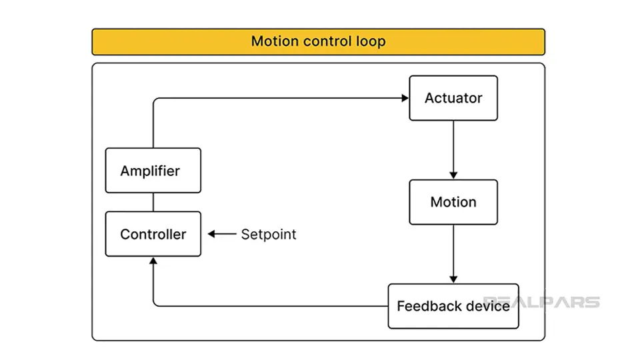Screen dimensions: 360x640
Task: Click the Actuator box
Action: [x=453, y=98]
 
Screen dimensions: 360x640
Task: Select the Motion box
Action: [x=453, y=202]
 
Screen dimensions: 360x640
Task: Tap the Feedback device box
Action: [x=453, y=306]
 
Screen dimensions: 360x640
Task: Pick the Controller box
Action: [x=153, y=234]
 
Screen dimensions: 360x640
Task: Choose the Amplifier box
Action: [x=153, y=171]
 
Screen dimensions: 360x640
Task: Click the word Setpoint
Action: [x=269, y=234]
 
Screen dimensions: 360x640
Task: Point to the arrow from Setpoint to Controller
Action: [x=222, y=234]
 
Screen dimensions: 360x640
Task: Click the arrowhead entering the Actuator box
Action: [x=405, y=98]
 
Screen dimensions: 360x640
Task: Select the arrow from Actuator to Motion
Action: [x=453, y=150]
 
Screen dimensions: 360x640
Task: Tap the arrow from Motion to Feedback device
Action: [x=453, y=253]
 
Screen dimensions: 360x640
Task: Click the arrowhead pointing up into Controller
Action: [x=153, y=261]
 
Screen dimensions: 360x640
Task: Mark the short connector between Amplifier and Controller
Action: [x=153, y=202]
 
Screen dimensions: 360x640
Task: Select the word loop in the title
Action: [x=371, y=41]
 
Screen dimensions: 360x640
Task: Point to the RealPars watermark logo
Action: [x=541, y=302]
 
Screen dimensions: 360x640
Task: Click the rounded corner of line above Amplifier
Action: [x=155, y=100]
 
